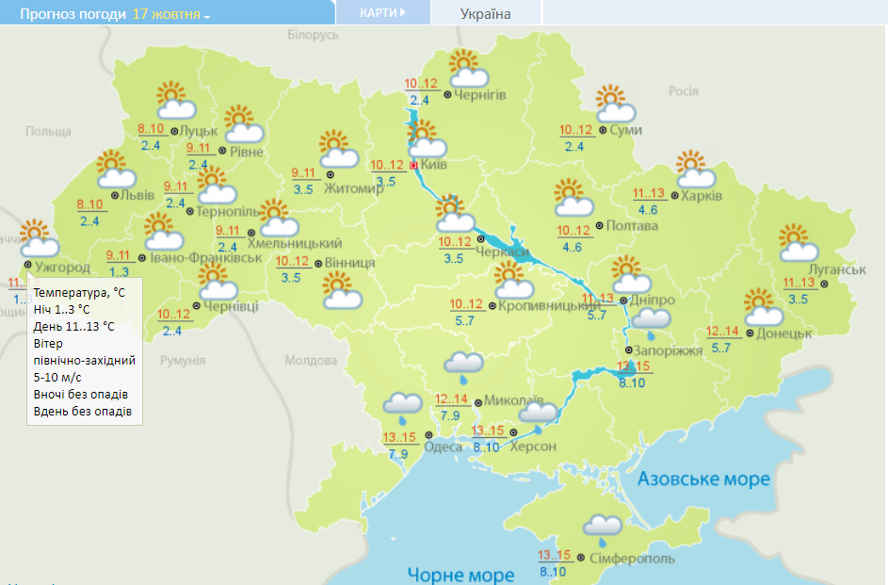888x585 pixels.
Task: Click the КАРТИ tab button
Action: (382, 13)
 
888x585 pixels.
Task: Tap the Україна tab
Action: (486, 14)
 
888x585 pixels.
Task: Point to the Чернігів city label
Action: (480, 95)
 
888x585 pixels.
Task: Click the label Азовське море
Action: (703, 479)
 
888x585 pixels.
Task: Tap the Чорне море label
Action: (460, 574)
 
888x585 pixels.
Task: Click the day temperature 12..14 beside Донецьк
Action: (723, 332)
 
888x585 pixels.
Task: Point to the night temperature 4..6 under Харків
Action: (648, 210)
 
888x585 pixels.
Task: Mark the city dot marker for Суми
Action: (603, 131)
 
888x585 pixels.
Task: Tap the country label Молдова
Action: (310, 361)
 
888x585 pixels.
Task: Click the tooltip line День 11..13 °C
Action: (73, 327)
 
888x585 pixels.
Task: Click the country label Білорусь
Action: (312, 35)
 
